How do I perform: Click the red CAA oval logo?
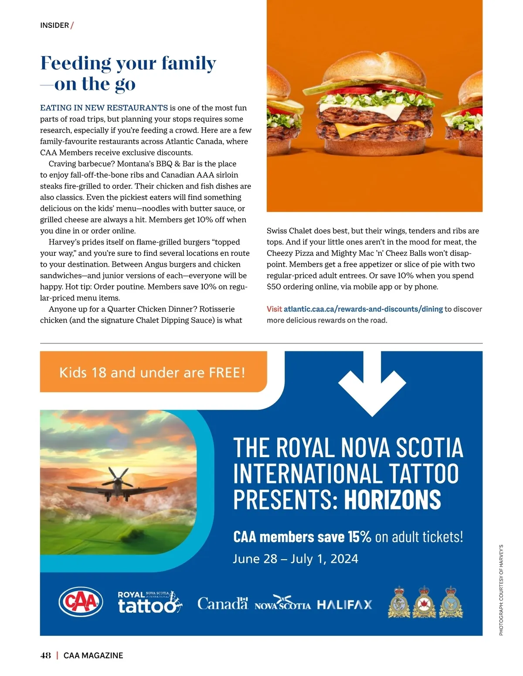click(x=81, y=602)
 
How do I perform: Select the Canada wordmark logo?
click(x=222, y=603)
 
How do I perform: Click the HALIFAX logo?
click(x=344, y=605)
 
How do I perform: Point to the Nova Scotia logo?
click(x=282, y=603)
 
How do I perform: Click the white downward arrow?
click(x=372, y=386)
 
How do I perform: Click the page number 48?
click(x=45, y=656)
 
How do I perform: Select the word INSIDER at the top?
click(x=54, y=25)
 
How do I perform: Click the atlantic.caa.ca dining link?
click(x=363, y=309)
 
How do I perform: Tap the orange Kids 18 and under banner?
click(x=153, y=372)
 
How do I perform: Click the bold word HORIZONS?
click(x=392, y=499)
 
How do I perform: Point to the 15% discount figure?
click(x=359, y=537)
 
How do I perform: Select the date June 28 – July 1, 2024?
click(x=295, y=559)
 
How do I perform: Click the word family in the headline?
click(x=189, y=63)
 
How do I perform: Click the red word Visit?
click(x=274, y=309)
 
